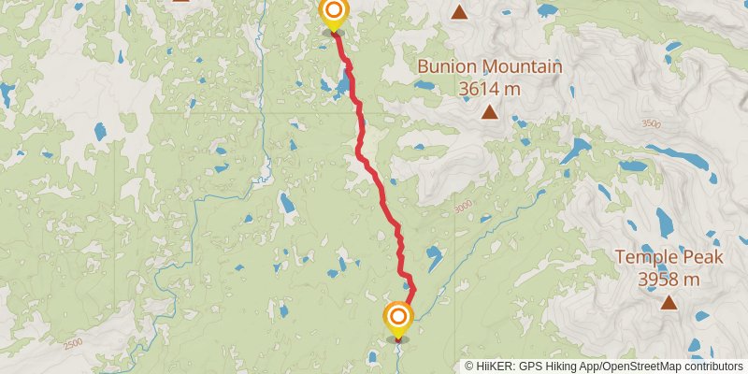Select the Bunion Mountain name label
tap(489, 67)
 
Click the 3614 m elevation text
tap(489, 89)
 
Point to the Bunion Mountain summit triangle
tap(489, 113)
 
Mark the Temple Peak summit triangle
tap(669, 302)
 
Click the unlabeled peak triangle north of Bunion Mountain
tap(459, 12)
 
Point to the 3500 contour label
tap(651, 124)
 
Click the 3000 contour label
tap(462, 208)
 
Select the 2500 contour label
tap(74, 344)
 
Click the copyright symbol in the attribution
tap(469, 367)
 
